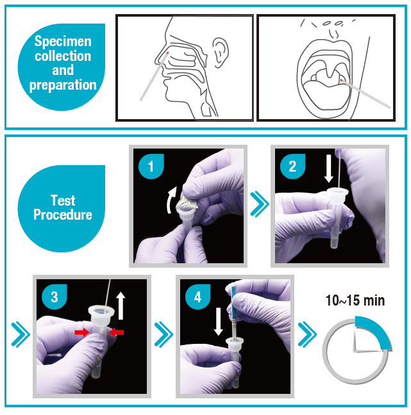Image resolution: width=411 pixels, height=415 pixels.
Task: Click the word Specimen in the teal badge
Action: coord(63,42)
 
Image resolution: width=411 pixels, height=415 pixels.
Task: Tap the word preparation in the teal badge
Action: coord(63,85)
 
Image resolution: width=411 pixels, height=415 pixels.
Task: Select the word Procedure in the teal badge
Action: coord(63,215)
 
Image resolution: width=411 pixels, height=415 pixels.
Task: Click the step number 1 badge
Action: coord(151,167)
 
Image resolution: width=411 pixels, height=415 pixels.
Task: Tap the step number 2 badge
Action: coord(292,167)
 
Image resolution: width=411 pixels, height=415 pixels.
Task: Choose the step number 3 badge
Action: coord(55,297)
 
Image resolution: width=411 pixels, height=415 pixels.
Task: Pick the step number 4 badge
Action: coord(197,297)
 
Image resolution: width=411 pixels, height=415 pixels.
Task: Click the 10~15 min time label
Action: coord(355,300)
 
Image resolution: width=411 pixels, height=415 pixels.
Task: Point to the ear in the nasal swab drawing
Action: coord(220,53)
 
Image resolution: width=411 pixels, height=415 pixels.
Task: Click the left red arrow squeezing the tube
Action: coord(82,332)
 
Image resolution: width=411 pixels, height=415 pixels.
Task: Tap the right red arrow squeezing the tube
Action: coord(116,332)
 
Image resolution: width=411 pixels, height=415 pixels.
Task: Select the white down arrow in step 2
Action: coord(329,168)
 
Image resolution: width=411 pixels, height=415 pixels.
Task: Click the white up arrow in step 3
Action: coord(121,305)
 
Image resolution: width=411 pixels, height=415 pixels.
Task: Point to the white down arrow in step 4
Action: coord(219,321)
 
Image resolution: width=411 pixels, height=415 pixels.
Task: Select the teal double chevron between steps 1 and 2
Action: coord(260,204)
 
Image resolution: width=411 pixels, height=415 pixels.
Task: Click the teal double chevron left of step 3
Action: coord(21,334)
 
